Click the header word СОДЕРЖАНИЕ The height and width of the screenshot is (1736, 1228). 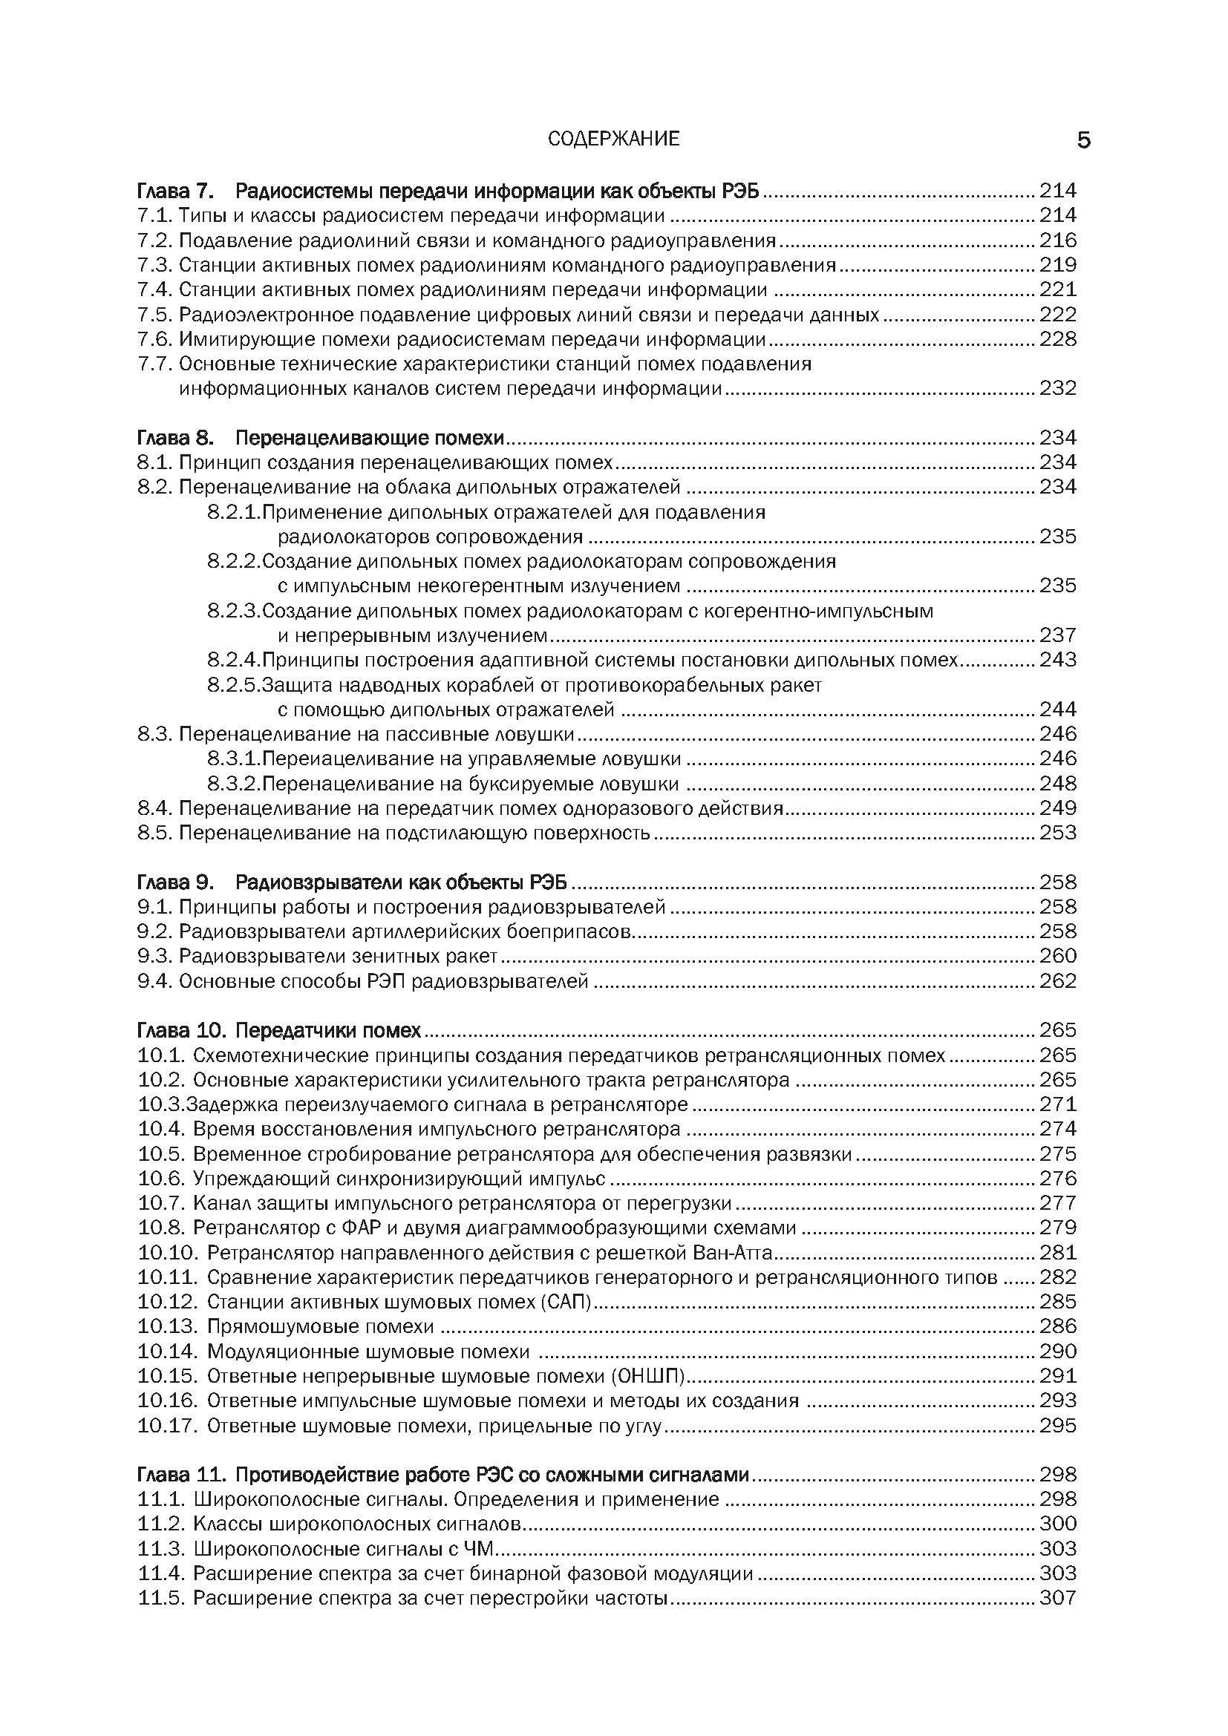(x=613, y=139)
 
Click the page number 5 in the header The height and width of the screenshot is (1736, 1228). (x=1083, y=140)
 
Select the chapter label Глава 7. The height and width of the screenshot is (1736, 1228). (x=176, y=191)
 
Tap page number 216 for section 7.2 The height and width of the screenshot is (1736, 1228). (x=1057, y=240)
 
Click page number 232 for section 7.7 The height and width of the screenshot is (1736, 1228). (x=1057, y=389)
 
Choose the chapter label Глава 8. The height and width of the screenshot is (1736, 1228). (x=176, y=438)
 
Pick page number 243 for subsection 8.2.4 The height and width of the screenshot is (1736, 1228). (x=1057, y=660)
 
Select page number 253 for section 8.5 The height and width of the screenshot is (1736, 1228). (x=1057, y=833)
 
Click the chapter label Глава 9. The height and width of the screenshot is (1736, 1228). (x=176, y=882)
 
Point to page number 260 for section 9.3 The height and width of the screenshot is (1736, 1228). (x=1057, y=957)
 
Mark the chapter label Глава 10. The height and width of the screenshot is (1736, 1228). (x=182, y=1031)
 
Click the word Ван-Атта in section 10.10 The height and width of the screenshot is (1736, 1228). (x=732, y=1253)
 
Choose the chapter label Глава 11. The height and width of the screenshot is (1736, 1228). (x=182, y=1475)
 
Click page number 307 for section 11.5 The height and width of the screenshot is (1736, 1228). (x=1057, y=1599)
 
